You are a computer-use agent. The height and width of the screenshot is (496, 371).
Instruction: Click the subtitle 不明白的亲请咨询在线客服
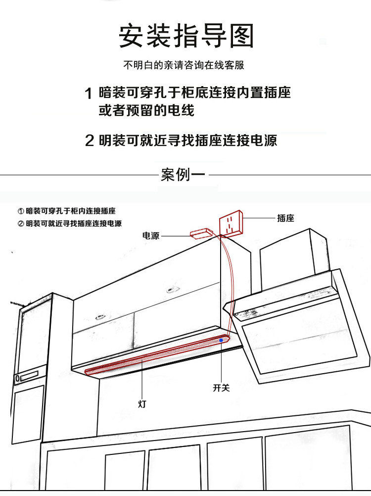coord(184,65)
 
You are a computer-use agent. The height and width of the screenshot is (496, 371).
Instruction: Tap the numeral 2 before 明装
coord(89,141)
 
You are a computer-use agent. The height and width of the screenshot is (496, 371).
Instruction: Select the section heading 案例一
coord(183,175)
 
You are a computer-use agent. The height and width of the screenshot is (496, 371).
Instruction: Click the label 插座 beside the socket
coord(285,218)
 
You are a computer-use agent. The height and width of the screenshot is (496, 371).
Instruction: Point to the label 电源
coord(151,236)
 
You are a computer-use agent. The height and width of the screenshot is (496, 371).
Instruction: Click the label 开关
coord(221,388)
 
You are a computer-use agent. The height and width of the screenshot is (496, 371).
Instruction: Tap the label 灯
coord(142,403)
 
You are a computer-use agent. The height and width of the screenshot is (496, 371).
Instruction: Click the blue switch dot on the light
coord(221,341)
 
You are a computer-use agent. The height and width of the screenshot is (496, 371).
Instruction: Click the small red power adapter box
coord(200,233)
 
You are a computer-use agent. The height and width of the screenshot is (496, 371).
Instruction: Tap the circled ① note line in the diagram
coord(67,211)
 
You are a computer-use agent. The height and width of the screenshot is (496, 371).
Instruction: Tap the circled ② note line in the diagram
coord(70,224)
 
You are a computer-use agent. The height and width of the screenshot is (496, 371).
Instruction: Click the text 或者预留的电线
coord(146,110)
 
